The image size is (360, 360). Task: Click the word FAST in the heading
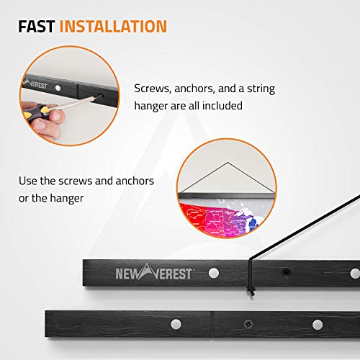click(x=37, y=27)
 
